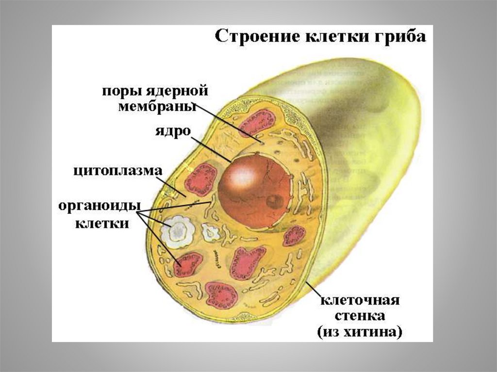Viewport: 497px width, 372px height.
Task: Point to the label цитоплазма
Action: point(118,171)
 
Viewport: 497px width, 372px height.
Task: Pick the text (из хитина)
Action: point(359,332)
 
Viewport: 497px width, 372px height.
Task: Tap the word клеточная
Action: point(359,300)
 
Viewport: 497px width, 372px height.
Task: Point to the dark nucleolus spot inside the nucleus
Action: point(275,201)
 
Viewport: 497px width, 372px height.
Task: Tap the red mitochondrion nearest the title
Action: point(258,121)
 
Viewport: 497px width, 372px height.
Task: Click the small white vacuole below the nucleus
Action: point(211,232)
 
